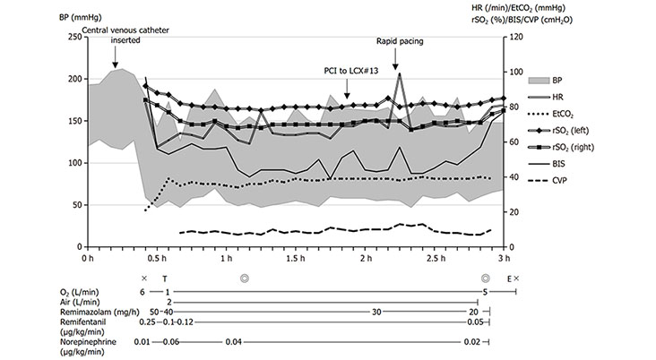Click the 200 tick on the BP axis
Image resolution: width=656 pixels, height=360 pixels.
tap(73, 79)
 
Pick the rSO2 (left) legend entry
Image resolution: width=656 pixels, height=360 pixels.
tap(596, 131)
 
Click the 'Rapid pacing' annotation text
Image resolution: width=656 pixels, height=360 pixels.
tap(399, 41)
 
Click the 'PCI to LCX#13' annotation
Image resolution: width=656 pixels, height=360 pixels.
tap(350, 69)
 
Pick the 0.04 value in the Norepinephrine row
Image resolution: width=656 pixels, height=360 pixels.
tap(233, 341)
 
